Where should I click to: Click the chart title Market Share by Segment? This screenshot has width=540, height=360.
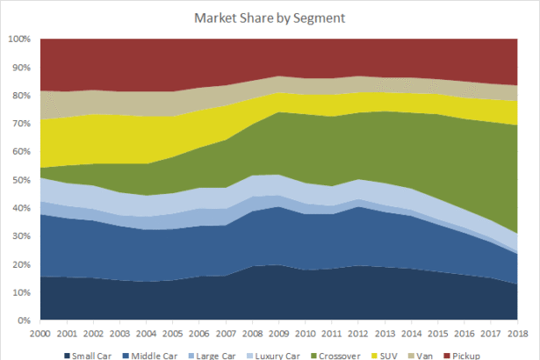pos(270,17)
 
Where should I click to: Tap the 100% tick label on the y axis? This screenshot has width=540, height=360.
pos(19,40)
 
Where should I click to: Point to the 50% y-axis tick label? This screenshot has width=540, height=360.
pos(21,180)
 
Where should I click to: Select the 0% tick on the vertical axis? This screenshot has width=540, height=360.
pos(24,320)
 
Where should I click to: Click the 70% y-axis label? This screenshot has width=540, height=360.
pos(21,124)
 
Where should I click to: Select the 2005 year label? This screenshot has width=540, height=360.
pos(171,335)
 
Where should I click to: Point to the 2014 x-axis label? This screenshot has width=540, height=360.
pos(408,335)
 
